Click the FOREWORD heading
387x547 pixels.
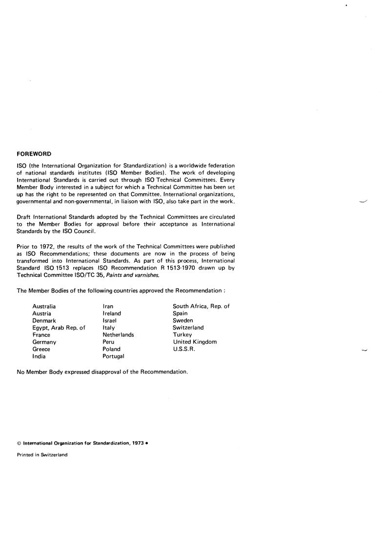34,154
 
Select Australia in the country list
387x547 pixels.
44,306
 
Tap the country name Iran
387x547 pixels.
108,306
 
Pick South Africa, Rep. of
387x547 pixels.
201,306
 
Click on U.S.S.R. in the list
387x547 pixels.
184,349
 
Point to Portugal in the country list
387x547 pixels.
113,356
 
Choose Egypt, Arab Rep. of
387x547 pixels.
59,328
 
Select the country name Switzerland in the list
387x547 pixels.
188,328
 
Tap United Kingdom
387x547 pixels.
195,342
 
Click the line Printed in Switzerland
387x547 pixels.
42,454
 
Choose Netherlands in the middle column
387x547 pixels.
118,335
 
